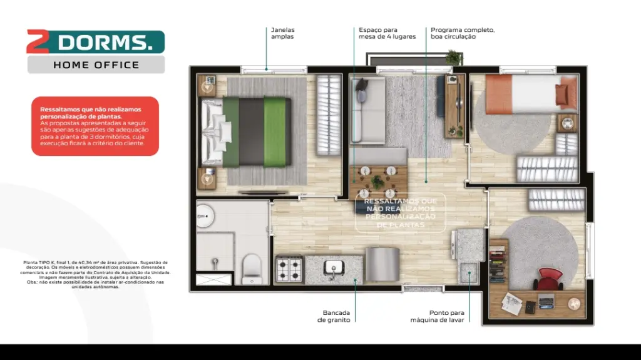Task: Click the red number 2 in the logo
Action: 38,41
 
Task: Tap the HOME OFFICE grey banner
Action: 96,64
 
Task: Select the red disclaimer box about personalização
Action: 95,126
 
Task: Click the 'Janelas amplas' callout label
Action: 282,33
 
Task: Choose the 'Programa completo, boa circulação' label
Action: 462,33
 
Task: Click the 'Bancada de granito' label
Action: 336,316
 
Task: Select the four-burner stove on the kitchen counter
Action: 290,270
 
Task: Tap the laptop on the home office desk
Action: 546,301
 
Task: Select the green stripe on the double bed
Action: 274,131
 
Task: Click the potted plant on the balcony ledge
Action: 453,57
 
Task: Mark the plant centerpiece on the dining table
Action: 377,182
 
